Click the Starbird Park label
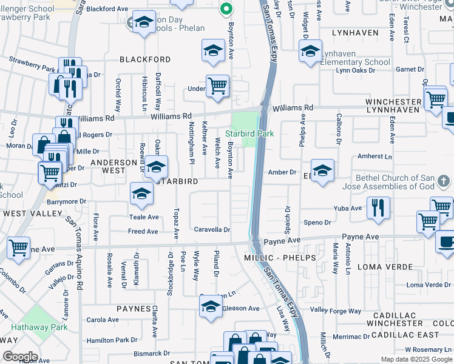click(249, 133)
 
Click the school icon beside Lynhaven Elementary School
click(310, 52)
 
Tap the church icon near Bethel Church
click(444, 181)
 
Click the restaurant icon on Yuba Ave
click(378, 208)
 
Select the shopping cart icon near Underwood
click(217, 86)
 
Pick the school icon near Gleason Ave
click(211, 306)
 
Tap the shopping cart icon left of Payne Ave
click(19, 248)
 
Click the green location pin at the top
click(226, 9)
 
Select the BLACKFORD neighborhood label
click(145, 59)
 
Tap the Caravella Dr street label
click(212, 230)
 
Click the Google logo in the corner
click(20, 356)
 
